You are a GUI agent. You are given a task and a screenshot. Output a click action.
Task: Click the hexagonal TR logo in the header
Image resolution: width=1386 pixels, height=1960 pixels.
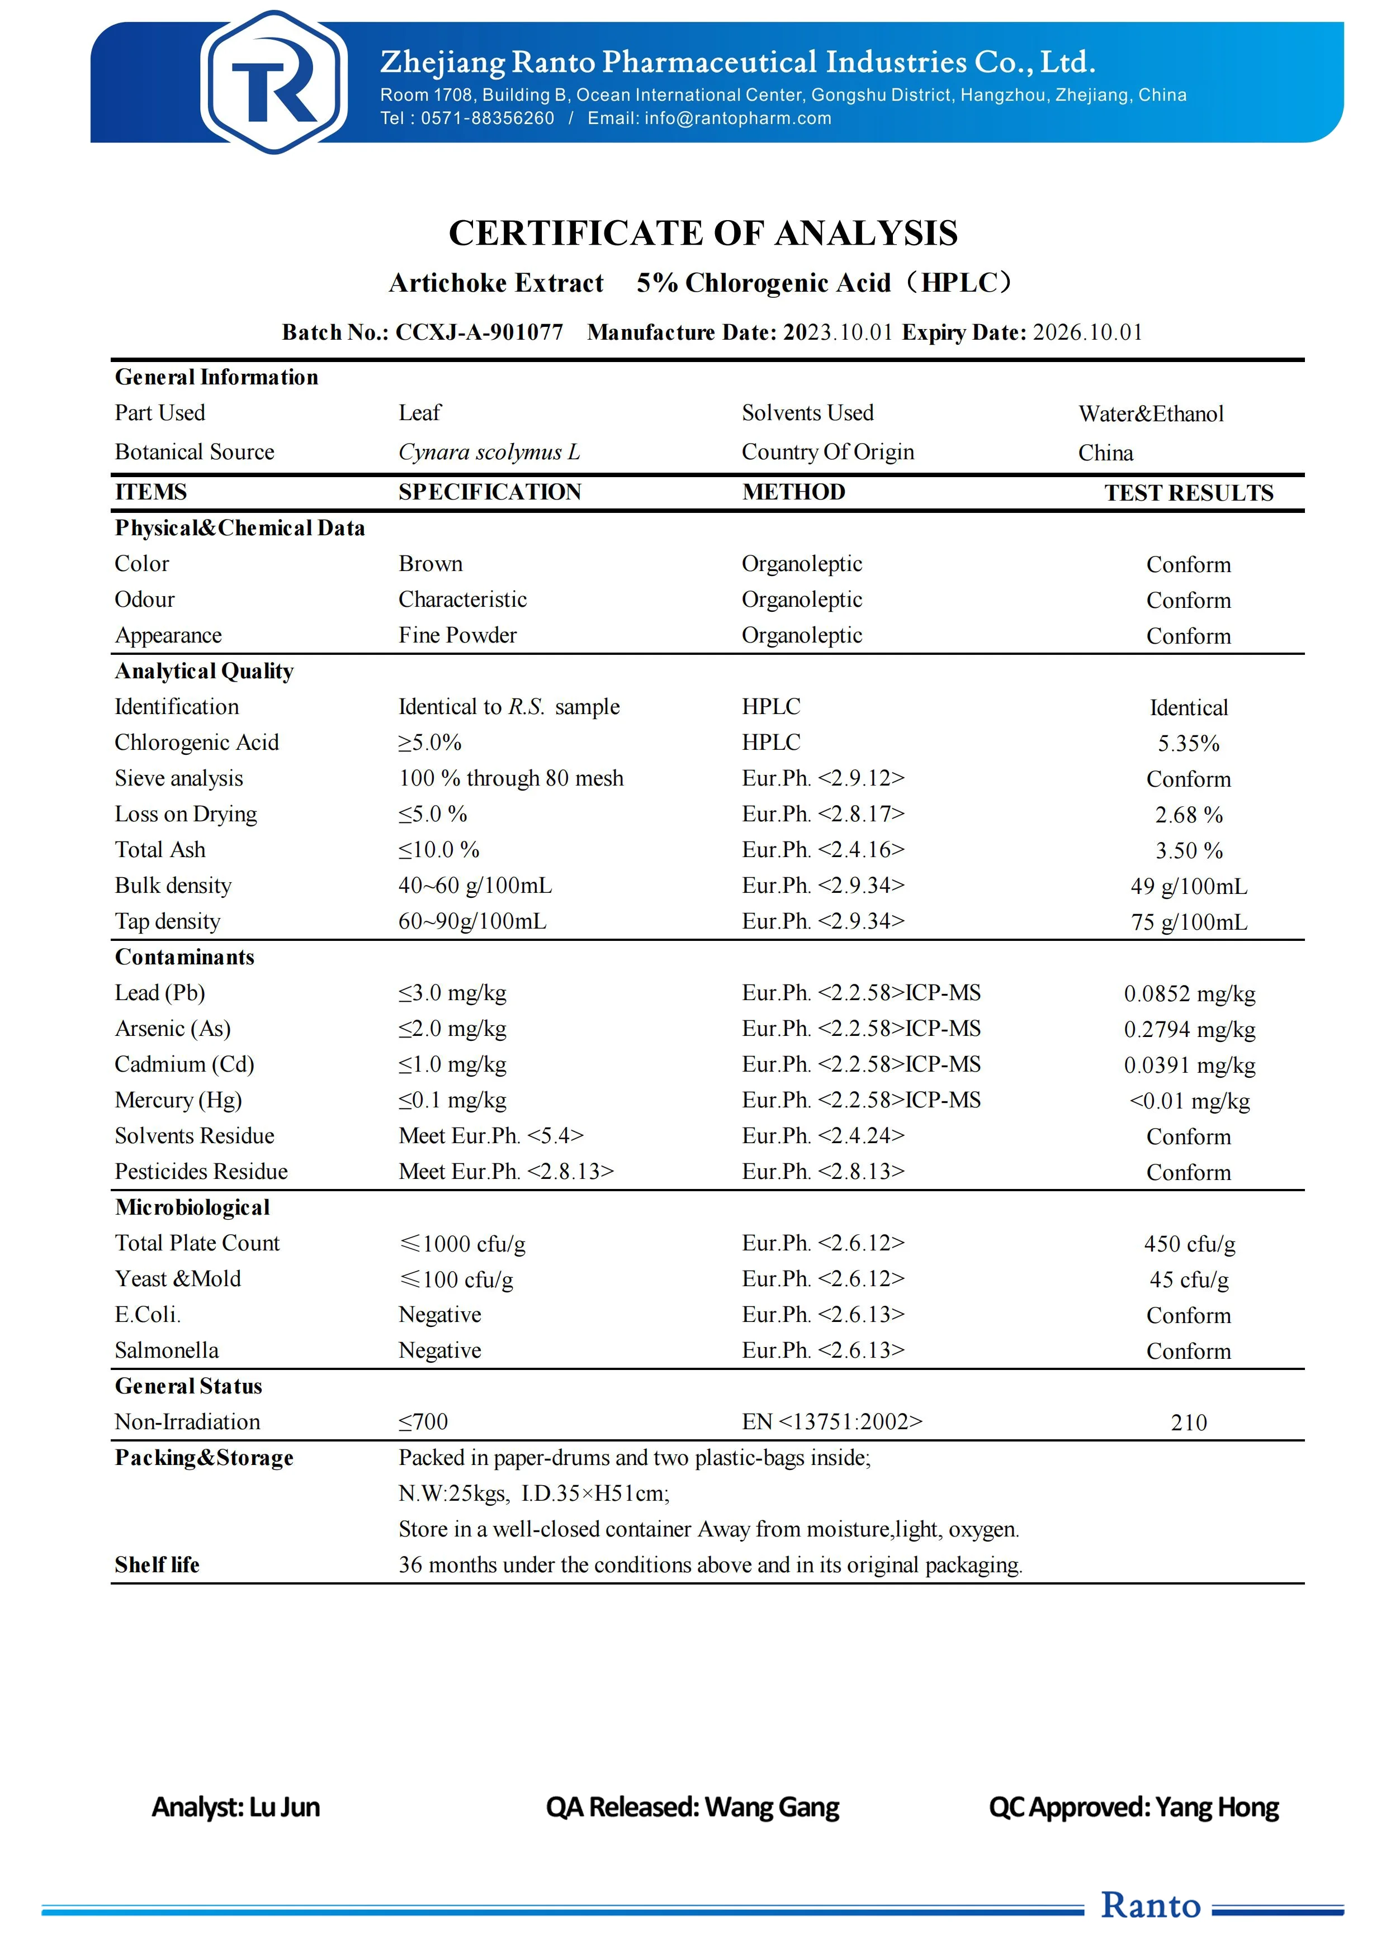tap(273, 82)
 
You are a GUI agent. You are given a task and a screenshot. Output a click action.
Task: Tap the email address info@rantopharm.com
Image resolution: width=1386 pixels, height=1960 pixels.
tap(738, 118)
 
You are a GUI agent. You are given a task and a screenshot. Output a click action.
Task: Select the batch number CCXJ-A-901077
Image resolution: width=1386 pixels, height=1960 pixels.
tap(479, 332)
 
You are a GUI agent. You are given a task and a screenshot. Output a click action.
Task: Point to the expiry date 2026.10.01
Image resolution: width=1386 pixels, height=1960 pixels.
tap(1087, 332)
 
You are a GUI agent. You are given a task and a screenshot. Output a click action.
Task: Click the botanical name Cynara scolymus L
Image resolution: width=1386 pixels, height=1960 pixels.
tap(489, 453)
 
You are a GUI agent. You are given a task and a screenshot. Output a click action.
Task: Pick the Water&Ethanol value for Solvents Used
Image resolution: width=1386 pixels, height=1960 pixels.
tap(1150, 414)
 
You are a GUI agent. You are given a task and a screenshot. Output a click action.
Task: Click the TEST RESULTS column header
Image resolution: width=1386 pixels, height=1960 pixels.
tap(1188, 493)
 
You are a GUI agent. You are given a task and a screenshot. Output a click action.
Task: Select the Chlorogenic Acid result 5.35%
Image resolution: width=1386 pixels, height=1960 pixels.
tap(1188, 744)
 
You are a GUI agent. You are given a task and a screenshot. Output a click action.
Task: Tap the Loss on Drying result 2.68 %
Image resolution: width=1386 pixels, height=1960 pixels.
tap(1188, 815)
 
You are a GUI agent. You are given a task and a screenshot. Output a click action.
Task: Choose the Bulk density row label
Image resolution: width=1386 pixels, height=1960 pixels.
tap(173, 886)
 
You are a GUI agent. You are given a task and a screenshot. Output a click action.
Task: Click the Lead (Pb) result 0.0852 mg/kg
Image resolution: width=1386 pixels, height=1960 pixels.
tap(1189, 993)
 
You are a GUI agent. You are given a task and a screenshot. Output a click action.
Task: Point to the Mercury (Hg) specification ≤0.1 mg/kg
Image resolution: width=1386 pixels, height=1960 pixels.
tap(453, 1100)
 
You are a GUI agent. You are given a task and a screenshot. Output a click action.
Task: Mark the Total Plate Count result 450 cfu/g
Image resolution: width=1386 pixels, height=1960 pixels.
tap(1189, 1244)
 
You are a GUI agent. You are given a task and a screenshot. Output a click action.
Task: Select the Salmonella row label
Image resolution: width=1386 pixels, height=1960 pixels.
tap(167, 1350)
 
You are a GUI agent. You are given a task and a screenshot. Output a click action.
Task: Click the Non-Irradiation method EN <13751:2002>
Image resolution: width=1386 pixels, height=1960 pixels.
tap(832, 1421)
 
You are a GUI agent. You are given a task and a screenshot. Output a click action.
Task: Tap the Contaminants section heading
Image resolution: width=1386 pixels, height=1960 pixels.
tap(185, 957)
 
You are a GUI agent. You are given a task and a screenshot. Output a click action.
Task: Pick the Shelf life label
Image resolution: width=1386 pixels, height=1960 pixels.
tap(157, 1565)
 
